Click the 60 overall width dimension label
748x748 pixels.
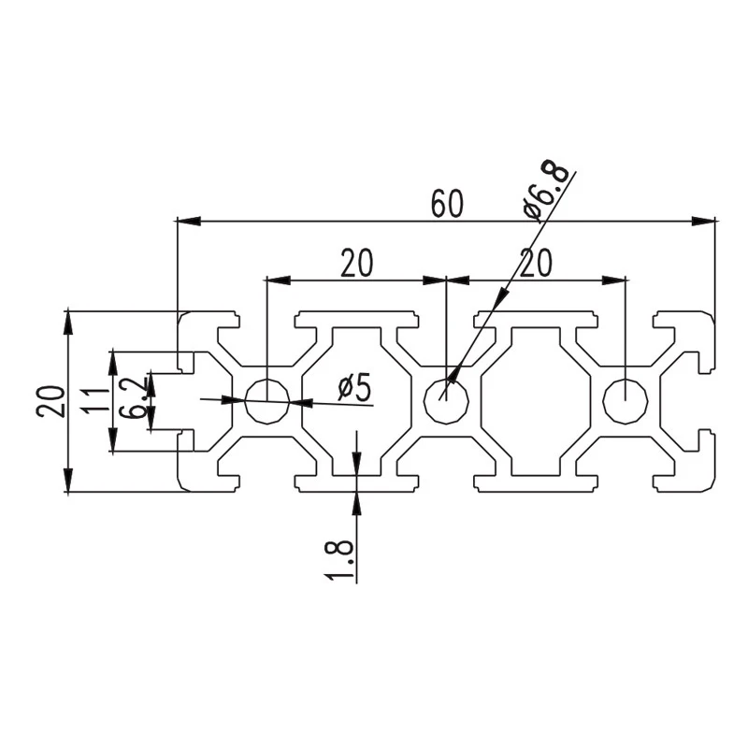pos(447,204)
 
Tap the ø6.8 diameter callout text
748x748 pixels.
pos(546,191)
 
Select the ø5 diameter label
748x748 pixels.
pos(354,387)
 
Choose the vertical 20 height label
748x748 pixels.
pos(50,401)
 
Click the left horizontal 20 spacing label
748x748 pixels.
pos(356,263)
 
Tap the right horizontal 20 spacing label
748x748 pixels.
pos(536,263)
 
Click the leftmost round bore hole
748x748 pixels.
pos(267,401)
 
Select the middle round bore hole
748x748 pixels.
pos(447,401)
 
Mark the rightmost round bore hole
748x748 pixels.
pos(626,401)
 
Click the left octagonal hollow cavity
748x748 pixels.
pos(356,402)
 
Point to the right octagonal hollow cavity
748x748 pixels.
pos(536,402)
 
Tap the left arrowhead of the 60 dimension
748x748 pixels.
pos(189,221)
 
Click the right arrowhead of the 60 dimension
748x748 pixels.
pos(704,221)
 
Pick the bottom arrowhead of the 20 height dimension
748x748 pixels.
pos(68,480)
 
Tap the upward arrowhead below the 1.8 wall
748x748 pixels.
pos(356,503)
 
